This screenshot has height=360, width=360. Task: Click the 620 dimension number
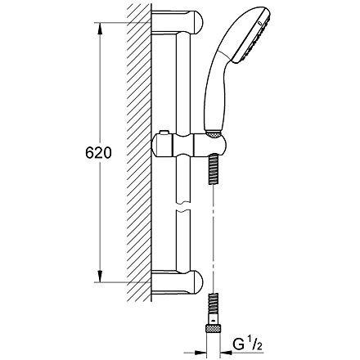(x=98, y=153)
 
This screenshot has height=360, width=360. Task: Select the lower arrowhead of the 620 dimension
(x=101, y=276)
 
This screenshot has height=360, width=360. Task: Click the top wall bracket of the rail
(x=178, y=22)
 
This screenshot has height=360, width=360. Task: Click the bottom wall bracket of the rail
(x=178, y=282)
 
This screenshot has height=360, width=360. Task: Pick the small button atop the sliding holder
(x=164, y=133)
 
